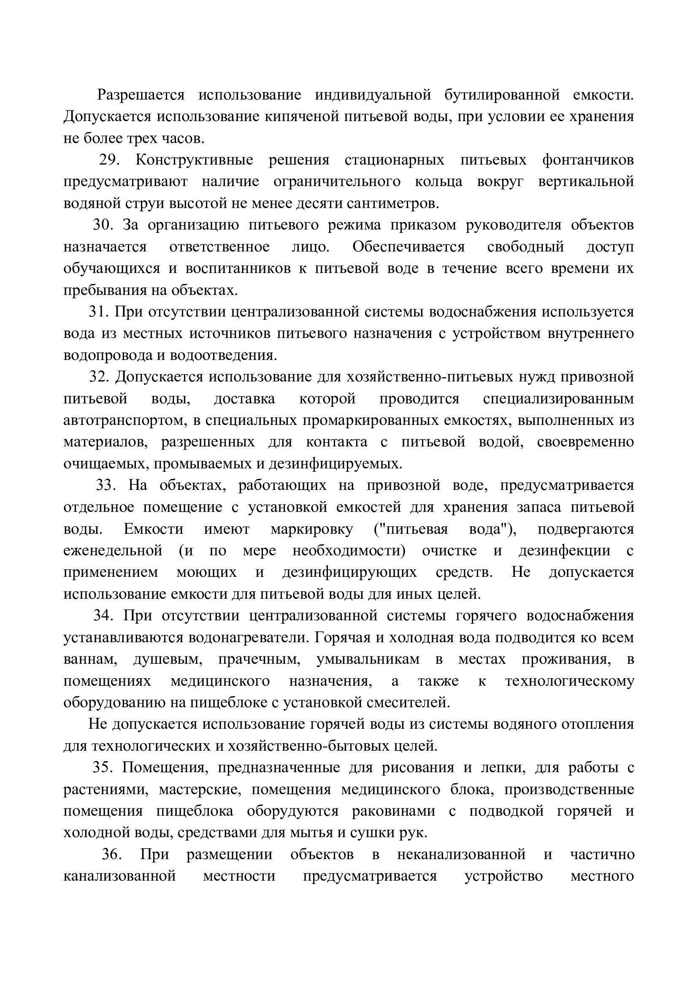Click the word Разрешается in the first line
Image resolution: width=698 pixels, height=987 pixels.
(141, 95)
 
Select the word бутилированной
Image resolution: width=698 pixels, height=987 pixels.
(502, 95)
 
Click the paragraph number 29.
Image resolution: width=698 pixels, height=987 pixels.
(109, 160)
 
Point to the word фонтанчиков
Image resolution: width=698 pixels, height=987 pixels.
(587, 160)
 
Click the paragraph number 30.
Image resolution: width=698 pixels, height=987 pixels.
(103, 225)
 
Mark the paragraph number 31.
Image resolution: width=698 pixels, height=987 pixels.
(99, 312)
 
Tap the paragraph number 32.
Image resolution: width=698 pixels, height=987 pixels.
(99, 376)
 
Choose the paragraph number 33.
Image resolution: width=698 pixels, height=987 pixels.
(106, 485)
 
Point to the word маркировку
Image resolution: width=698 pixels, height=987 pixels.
(311, 529)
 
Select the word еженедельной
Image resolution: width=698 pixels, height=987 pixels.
(113, 551)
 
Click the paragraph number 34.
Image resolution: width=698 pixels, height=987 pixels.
(103, 616)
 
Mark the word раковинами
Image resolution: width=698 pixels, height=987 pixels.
(393, 811)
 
